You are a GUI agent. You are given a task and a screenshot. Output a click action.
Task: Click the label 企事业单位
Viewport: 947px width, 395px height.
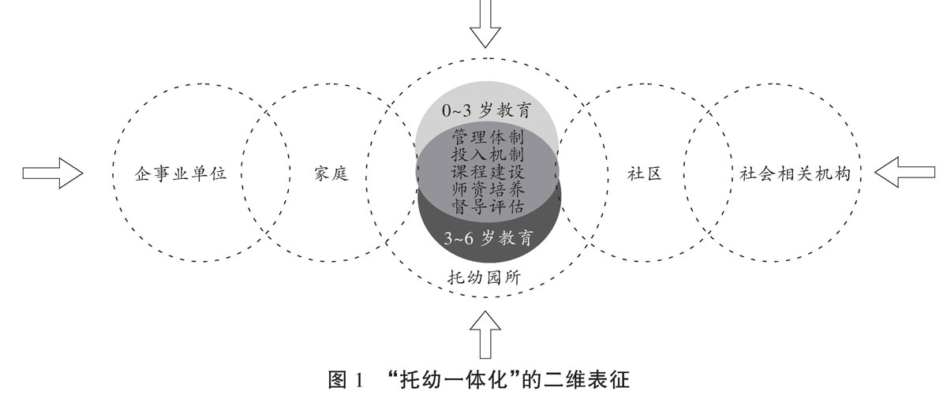click(x=182, y=173)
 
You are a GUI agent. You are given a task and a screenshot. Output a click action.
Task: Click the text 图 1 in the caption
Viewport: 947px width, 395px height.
click(x=344, y=379)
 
